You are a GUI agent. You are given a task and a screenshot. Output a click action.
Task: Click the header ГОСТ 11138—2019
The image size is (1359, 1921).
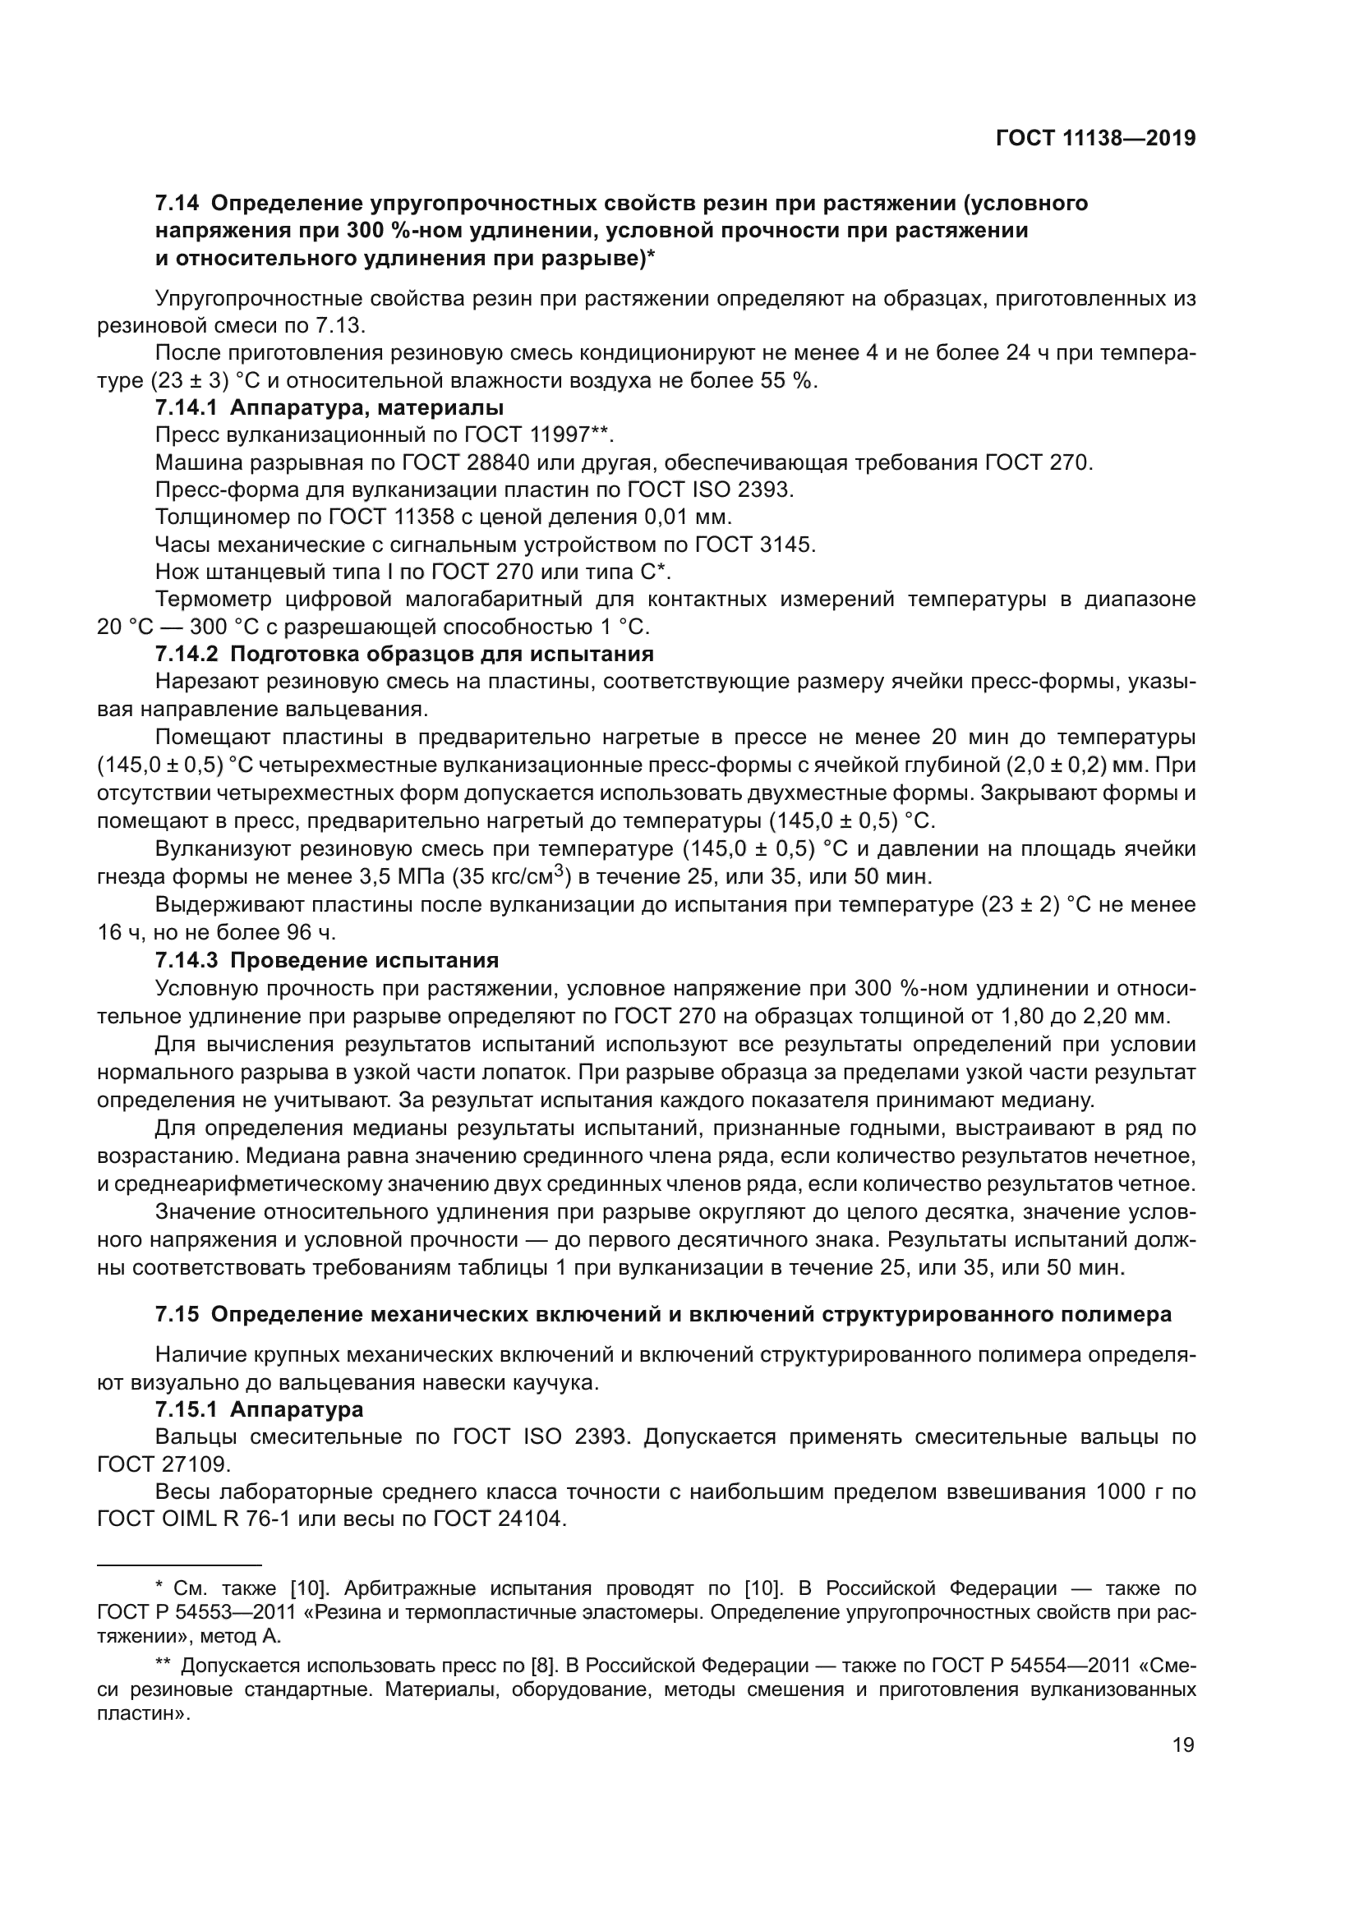(1095, 139)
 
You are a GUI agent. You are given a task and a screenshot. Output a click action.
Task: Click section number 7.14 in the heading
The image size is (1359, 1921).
(177, 204)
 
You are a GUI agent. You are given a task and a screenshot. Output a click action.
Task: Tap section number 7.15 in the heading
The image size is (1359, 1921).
(177, 1314)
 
